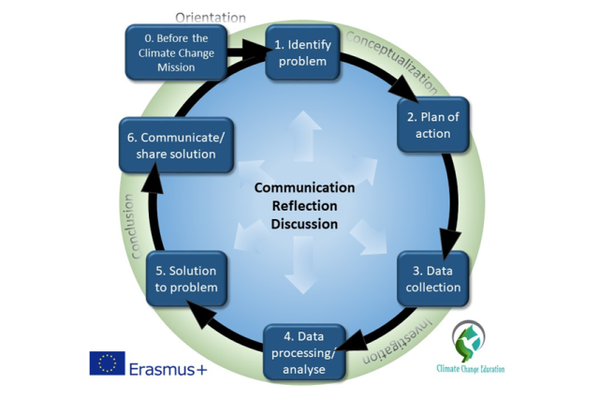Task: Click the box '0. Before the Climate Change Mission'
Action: (x=176, y=52)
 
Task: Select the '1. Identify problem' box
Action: (x=302, y=52)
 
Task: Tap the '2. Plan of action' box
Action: (x=432, y=125)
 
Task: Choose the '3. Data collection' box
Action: (x=432, y=278)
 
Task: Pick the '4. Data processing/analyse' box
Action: (x=304, y=352)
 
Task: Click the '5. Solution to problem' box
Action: (x=186, y=278)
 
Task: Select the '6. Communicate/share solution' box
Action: (x=176, y=145)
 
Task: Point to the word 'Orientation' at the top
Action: (x=211, y=18)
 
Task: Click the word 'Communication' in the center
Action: (x=304, y=187)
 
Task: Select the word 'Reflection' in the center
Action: (x=304, y=206)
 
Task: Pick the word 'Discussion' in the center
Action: (x=304, y=224)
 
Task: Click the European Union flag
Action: (x=108, y=363)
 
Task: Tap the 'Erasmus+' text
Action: (x=168, y=369)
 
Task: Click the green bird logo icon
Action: (x=469, y=341)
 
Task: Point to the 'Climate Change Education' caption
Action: (x=470, y=369)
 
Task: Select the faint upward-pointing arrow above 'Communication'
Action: (x=304, y=135)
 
